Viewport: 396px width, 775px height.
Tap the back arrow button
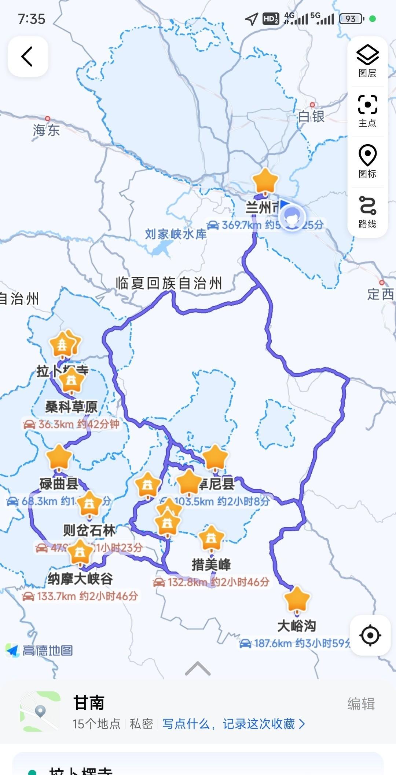coord(28,57)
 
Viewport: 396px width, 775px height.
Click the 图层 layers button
coord(367,61)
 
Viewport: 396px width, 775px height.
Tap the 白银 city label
coord(311,117)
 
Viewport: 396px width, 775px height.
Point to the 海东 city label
coord(46,130)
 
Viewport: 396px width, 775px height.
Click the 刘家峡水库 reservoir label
coord(176,234)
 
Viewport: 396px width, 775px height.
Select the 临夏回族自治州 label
coord(169,283)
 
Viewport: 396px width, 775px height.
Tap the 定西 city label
coord(381,294)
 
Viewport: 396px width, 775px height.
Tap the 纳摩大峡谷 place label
coord(80,579)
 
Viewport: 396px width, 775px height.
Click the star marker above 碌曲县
coord(59,457)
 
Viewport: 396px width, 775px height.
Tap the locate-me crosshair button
coord(370,635)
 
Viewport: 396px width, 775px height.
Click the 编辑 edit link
coord(361,704)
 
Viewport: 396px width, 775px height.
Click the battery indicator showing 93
coord(351,19)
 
